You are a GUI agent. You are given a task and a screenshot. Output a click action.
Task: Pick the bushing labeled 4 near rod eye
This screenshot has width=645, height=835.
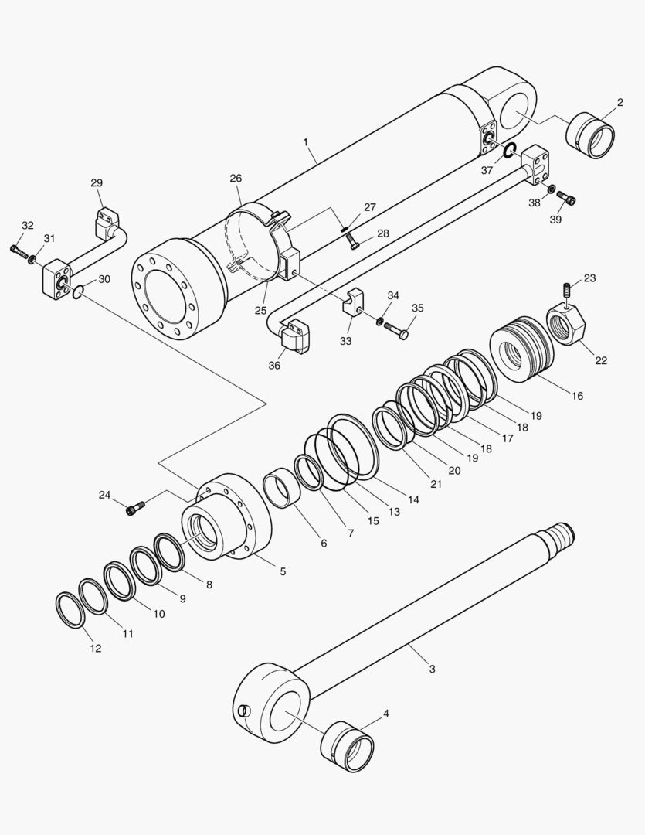coord(348,747)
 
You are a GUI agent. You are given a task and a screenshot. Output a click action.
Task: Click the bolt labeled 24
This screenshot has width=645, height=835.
coord(134,507)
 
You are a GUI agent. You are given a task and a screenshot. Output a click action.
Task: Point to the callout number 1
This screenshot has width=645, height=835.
coord(306,142)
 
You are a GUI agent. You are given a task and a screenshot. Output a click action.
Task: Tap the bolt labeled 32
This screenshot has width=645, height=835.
coord(19,250)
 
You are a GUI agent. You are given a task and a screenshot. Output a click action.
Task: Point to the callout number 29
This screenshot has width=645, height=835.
coord(97,183)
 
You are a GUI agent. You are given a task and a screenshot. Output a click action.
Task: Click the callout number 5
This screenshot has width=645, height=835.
coord(283,572)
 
